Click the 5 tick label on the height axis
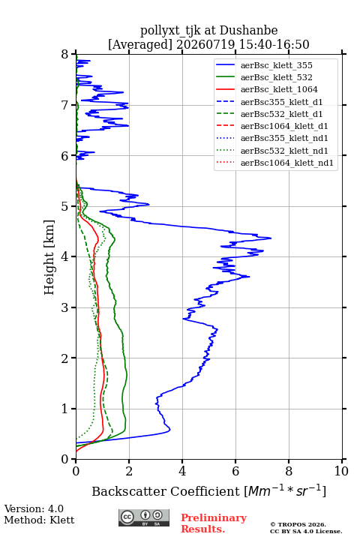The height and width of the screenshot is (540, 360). [65, 206]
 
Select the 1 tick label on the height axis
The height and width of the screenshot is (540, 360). [65, 409]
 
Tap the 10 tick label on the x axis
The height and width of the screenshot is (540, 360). [341, 471]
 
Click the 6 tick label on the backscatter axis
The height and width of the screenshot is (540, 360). [235, 471]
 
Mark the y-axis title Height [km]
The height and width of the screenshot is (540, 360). [49, 257]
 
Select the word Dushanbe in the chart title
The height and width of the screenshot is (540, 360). [249, 31]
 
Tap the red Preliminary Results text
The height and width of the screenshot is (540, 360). [214, 523]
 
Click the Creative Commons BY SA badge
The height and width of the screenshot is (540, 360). [144, 517]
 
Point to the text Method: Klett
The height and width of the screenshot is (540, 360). [39, 520]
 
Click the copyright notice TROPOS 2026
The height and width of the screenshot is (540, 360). [298, 524]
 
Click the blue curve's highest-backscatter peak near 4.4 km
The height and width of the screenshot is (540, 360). [271, 238]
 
